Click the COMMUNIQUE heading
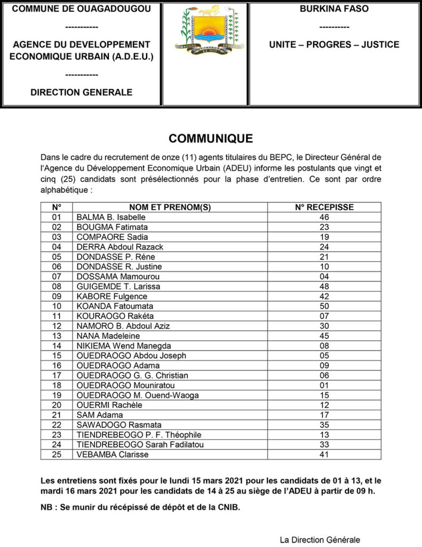211,139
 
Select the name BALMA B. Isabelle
111,217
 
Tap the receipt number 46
324,217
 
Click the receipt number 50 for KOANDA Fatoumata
324,307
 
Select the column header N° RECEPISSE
324,207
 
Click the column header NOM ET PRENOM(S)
170,207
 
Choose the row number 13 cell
57,336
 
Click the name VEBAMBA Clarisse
113,455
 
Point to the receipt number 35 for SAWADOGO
324,425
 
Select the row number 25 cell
57,455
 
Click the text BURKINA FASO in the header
334,9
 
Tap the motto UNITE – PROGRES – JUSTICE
334,44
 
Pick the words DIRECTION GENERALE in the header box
81,92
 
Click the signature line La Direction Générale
320,540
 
